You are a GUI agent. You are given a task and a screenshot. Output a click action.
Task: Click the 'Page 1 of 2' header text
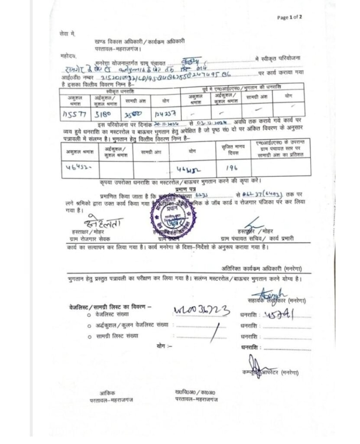pos(289,17)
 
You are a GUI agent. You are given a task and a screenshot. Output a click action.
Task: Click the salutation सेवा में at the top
pos(67,33)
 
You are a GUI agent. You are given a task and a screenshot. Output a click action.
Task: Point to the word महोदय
pos(68,56)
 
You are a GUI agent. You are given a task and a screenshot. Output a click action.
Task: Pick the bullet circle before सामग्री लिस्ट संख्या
pos(89,336)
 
